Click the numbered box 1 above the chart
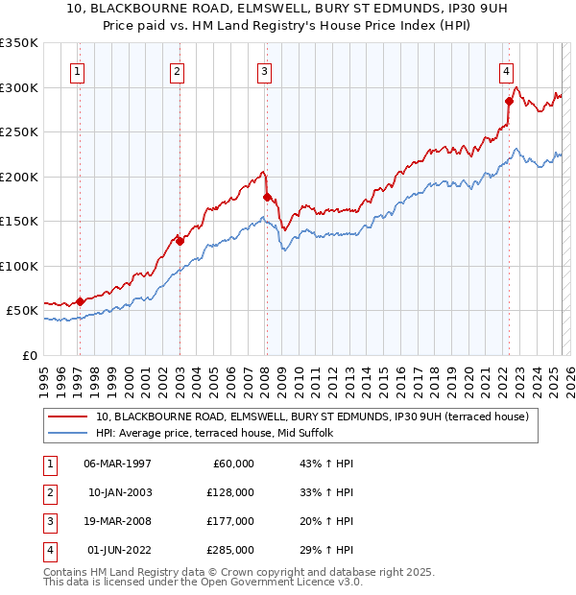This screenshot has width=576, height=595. click(76, 70)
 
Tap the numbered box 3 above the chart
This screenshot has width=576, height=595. click(263, 70)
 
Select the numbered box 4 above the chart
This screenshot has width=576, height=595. click(505, 70)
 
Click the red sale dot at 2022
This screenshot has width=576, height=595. click(509, 101)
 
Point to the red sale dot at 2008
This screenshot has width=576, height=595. click(267, 197)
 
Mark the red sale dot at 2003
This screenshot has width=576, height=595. click(180, 241)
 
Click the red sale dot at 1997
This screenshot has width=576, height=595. click(81, 301)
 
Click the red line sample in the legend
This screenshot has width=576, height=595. click(66, 416)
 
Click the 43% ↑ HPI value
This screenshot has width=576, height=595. click(321, 464)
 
